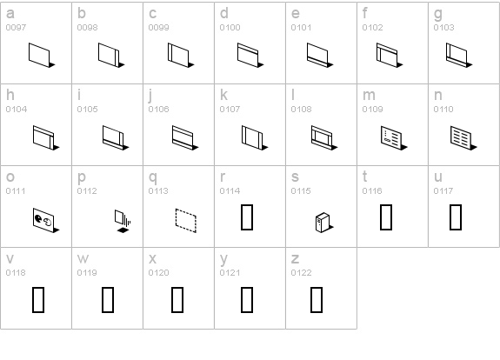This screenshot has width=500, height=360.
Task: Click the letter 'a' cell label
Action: pos(10,14)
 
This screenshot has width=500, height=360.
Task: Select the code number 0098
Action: pos(88,28)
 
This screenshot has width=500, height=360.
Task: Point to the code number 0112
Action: pos(88,190)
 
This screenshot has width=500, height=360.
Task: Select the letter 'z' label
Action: pos(295,258)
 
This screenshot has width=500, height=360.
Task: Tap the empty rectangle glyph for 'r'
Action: pos(246,217)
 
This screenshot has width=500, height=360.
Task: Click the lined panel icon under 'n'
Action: pos(461,137)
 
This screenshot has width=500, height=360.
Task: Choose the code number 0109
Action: pos(373,110)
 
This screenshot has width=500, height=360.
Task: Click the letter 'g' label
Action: pos(437,14)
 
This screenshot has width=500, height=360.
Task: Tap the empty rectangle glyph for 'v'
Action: pos(37,298)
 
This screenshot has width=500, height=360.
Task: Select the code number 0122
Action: pos(302,272)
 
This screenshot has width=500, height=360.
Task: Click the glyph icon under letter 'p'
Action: pos(121,219)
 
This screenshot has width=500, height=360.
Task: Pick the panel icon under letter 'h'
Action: pos(44,137)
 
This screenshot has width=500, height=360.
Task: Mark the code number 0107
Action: pos(230,110)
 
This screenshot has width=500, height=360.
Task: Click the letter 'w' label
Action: pos(83,258)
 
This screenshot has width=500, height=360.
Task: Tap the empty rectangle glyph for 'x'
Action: pos(178,298)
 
